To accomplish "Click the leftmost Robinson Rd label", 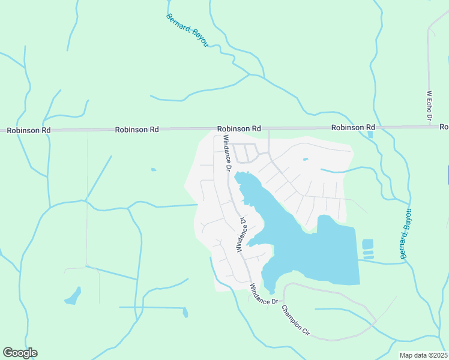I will coord(25,130).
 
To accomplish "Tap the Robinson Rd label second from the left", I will coord(137,129).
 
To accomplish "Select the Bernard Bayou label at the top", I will coord(187,29).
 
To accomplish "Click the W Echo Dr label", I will coord(429,106).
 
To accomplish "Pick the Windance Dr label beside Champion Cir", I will coord(264,294).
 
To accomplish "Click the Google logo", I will coord(20,353).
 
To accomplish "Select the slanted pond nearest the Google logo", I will coord(73,296).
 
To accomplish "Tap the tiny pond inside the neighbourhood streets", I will coord(306,159).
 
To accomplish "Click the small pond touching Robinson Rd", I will coord(370,134).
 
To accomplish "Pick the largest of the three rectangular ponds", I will coord(367,244).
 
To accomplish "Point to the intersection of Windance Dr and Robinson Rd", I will coord(214,128).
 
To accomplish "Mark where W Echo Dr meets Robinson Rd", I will coord(430,127).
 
